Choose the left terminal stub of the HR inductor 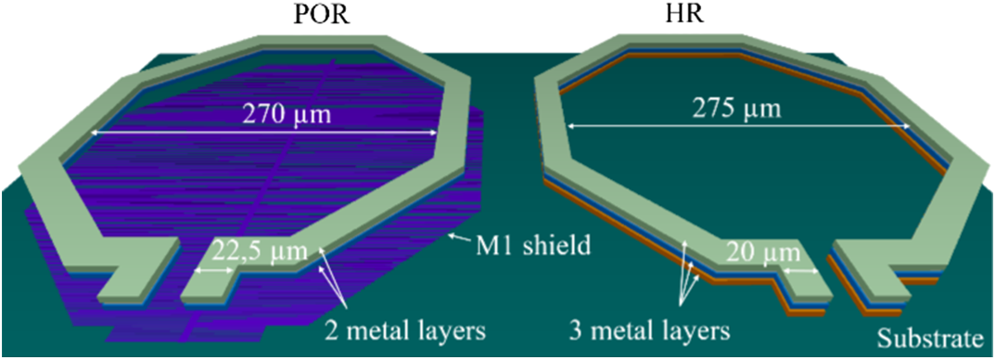point(798,287)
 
